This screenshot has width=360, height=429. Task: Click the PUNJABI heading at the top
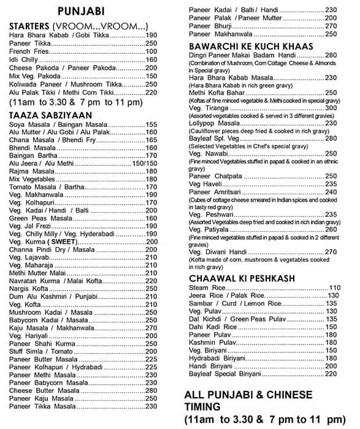[x=80, y=12]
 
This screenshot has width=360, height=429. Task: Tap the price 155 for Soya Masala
[x=151, y=124]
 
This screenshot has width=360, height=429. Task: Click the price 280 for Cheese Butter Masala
[x=151, y=390]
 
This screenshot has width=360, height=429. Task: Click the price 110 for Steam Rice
[x=334, y=287]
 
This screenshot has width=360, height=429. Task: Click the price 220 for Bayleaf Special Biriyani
[x=331, y=374]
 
